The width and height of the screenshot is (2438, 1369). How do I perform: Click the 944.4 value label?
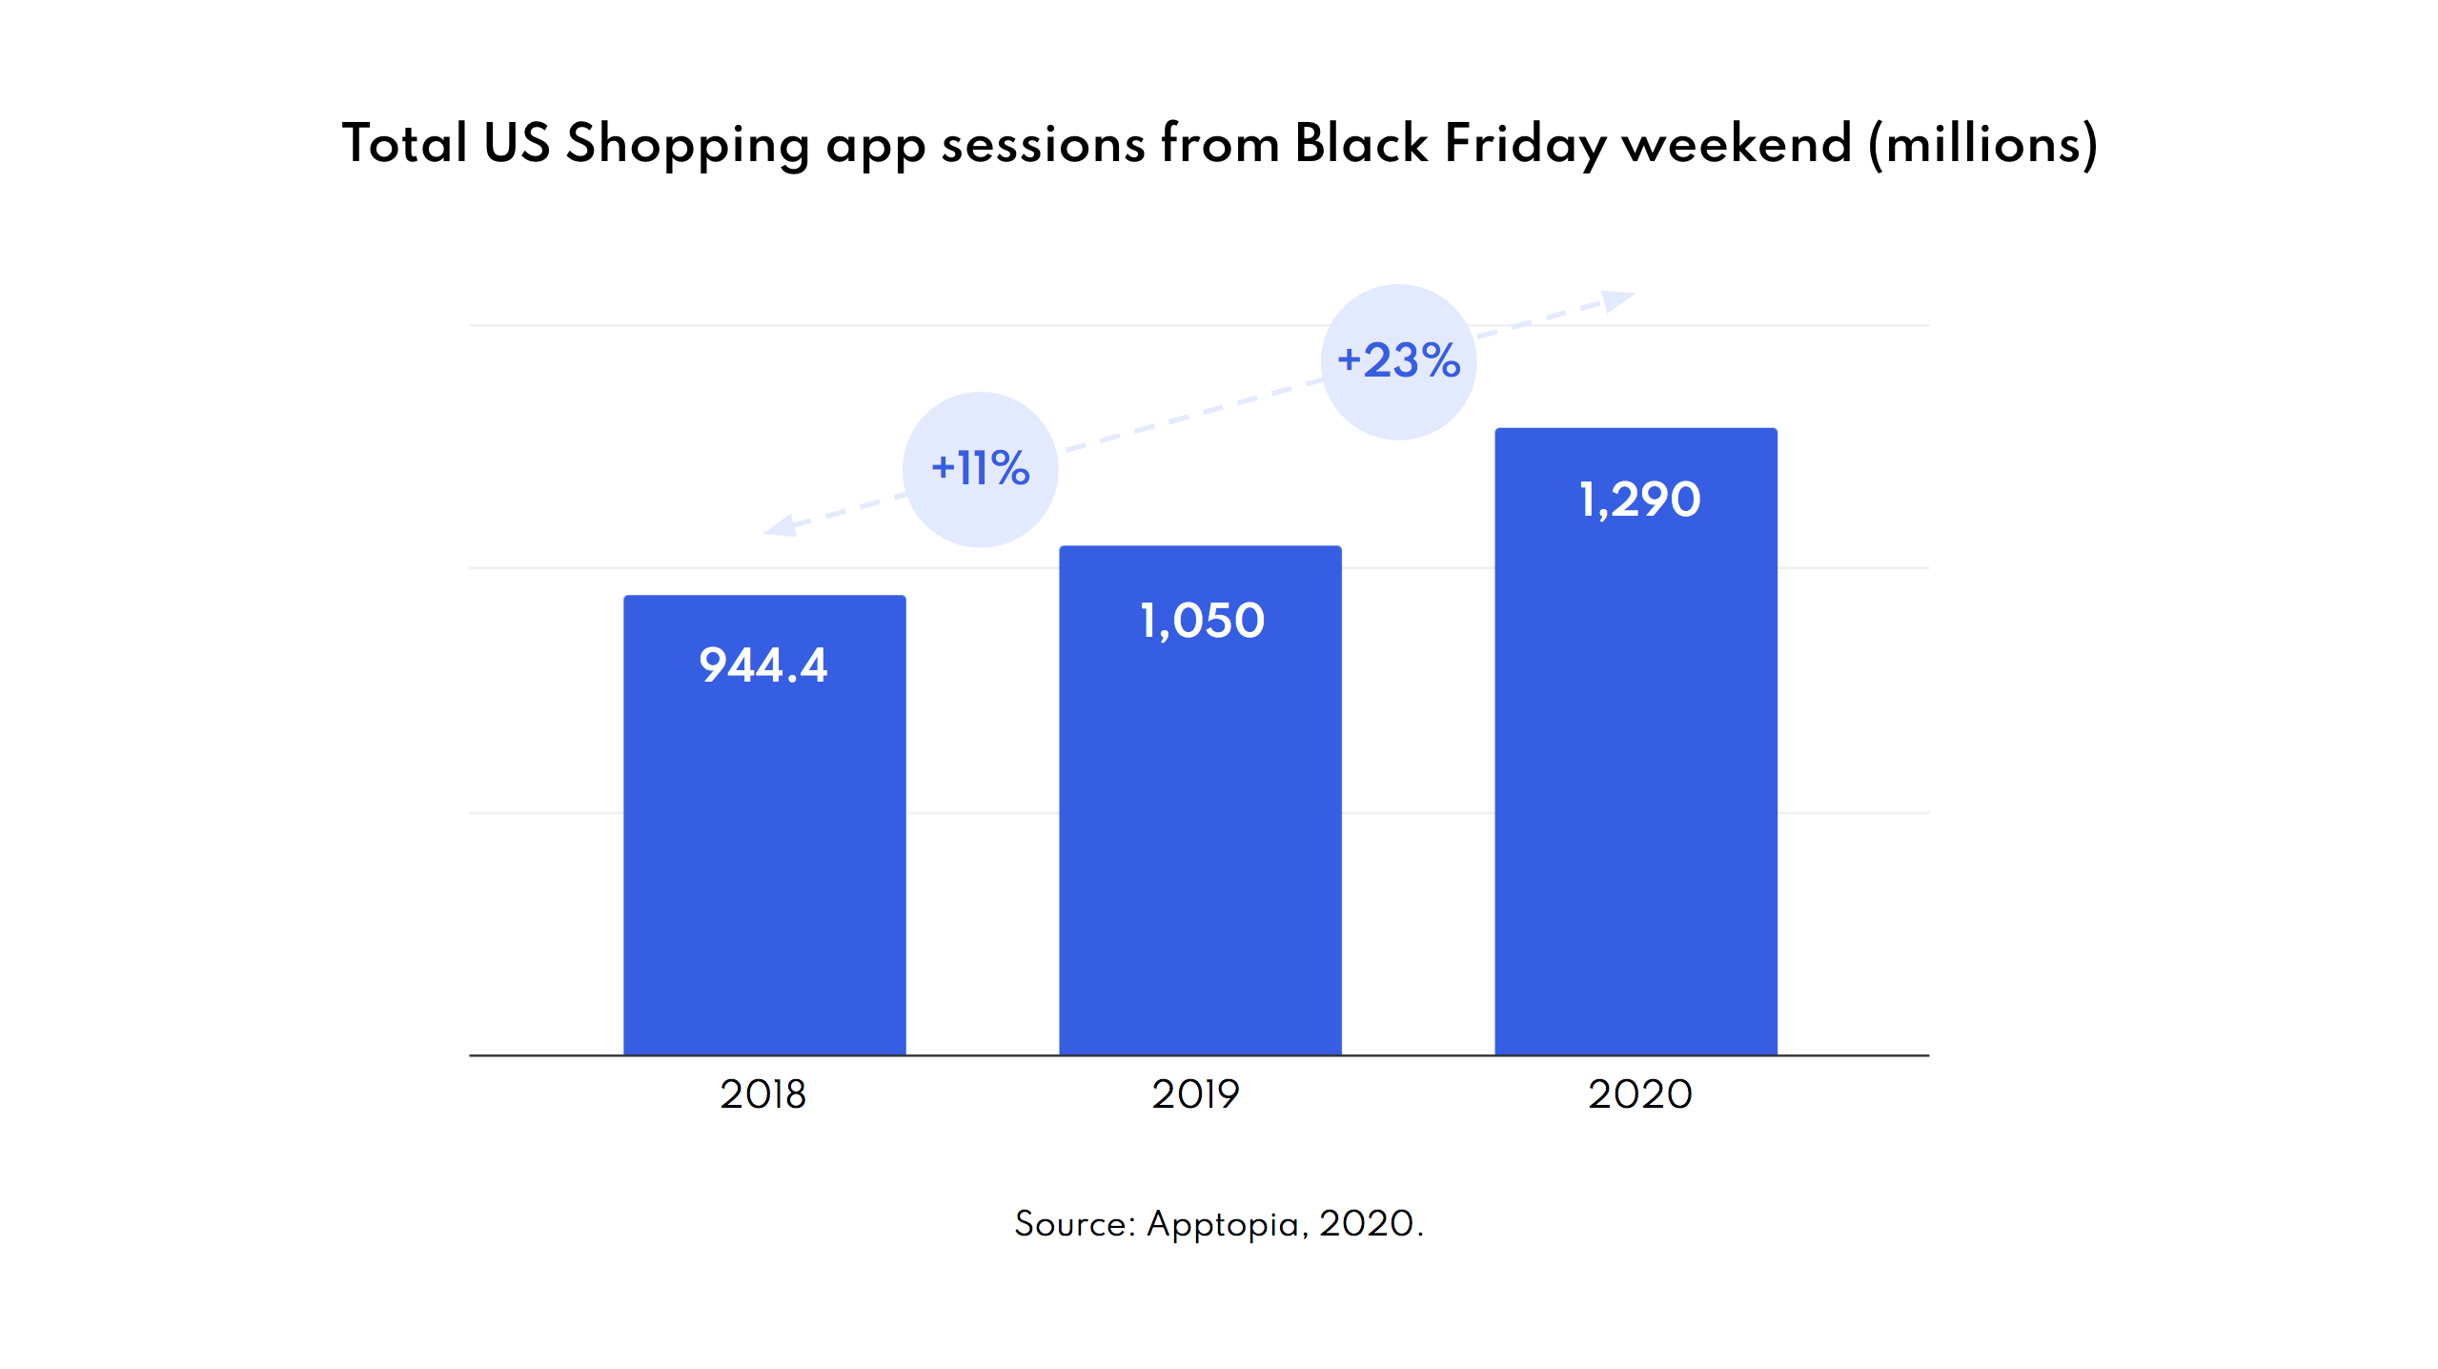(x=763, y=664)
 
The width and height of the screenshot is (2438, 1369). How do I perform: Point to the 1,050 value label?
(x=1202, y=621)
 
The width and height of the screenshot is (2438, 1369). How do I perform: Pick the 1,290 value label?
(x=1639, y=500)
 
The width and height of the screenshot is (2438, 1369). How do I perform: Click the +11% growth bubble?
(x=980, y=469)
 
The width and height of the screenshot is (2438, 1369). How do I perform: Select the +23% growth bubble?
(x=1398, y=361)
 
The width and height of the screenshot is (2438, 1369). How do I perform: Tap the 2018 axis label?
(x=762, y=1094)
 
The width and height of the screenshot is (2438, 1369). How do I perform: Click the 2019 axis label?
(x=1195, y=1094)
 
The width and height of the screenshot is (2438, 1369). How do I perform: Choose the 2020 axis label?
(x=1639, y=1094)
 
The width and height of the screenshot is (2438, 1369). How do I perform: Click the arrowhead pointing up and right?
(x=1619, y=300)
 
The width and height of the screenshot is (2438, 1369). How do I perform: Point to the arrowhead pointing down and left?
(x=780, y=525)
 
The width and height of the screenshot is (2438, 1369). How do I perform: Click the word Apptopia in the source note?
(x=1223, y=1224)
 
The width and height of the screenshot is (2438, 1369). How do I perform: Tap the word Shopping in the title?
(x=688, y=146)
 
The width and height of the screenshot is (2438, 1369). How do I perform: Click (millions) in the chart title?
(x=1982, y=146)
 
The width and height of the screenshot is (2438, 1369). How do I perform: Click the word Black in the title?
(x=1361, y=144)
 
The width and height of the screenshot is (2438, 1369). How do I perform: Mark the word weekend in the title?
(x=1737, y=144)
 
